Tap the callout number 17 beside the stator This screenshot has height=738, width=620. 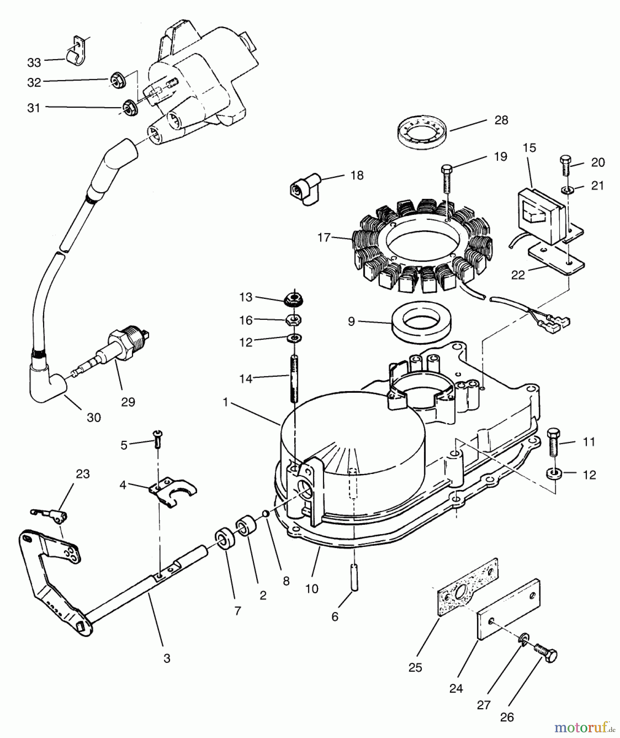tap(324, 237)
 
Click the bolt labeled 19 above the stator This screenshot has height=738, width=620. tap(447, 180)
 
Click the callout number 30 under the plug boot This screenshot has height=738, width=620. tap(93, 417)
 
